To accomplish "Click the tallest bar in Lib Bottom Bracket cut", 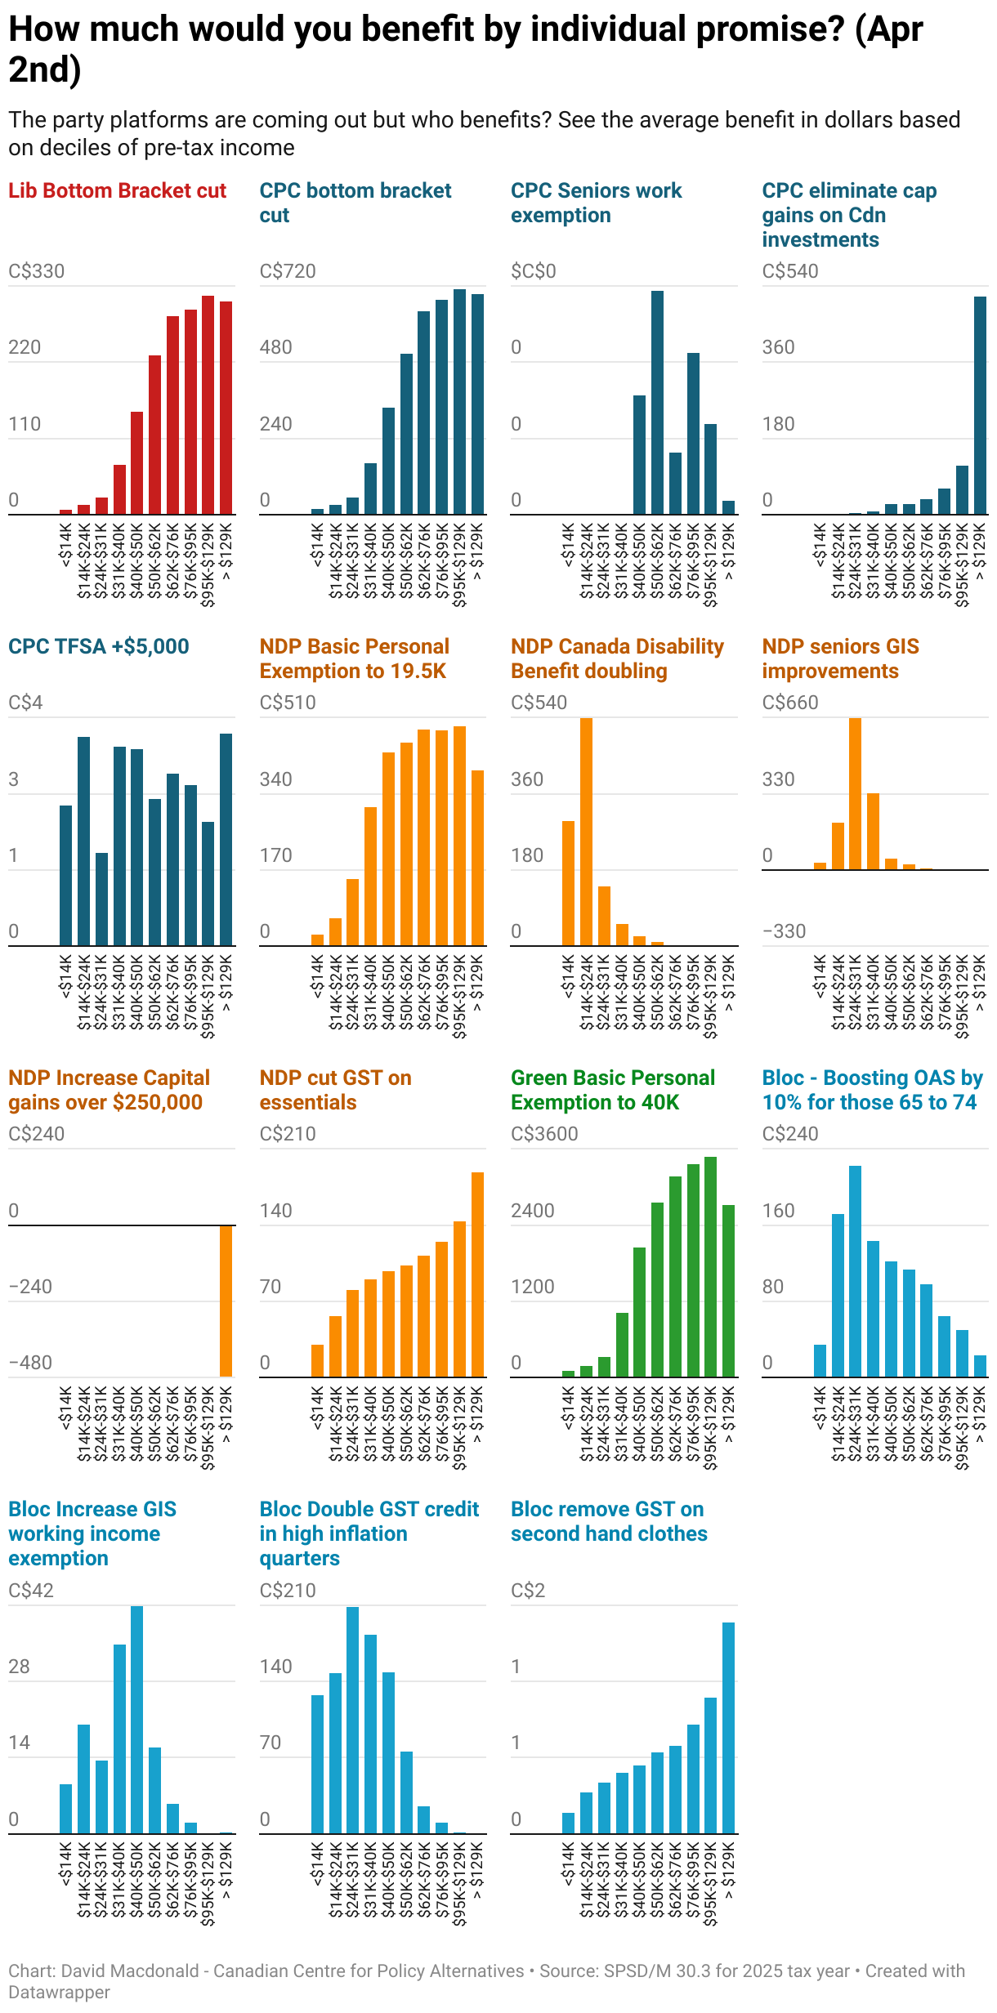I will point(208,405).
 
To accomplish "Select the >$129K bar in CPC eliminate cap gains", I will point(980,405).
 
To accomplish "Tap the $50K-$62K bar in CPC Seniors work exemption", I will point(657,403).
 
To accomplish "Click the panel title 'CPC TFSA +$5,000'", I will point(99,646).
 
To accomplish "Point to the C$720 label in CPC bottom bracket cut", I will point(288,271).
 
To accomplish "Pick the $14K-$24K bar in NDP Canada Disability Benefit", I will point(586,832).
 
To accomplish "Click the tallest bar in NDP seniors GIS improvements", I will point(855,793).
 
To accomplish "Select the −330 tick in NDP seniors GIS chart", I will point(784,931).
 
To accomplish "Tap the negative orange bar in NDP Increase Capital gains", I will point(226,1301).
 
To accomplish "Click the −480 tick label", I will point(30,1363).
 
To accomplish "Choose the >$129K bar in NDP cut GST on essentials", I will point(478,1274).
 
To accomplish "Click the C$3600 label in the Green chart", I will point(544,1134).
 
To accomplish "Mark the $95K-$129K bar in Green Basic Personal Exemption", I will point(710,1267).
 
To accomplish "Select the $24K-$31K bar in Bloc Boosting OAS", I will point(855,1271).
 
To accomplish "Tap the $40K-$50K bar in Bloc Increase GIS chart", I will point(137,1720).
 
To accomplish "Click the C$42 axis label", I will point(31,1590).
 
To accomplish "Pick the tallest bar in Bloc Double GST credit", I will point(353,1721).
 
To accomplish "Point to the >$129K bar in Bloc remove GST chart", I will point(728,1728).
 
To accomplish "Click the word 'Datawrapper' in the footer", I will point(60,1992).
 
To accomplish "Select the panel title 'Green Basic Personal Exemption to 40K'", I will point(613,1090).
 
